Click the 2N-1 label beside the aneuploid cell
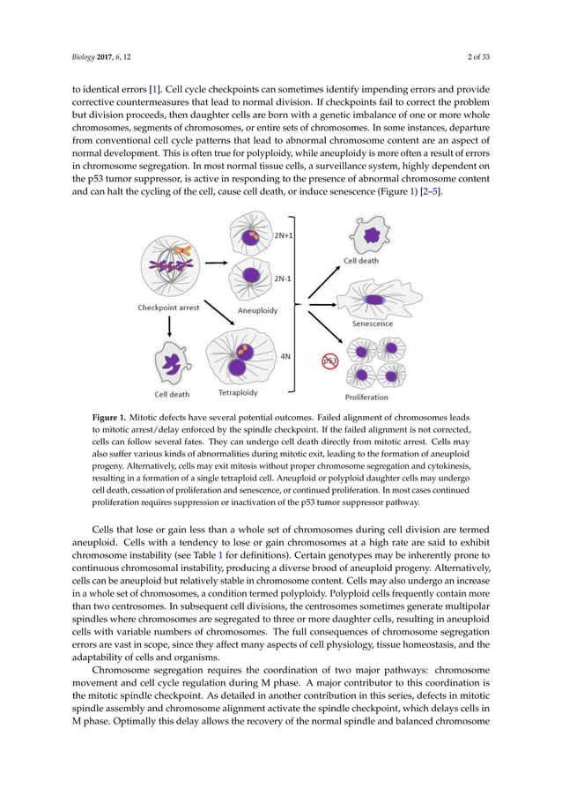click(283, 279)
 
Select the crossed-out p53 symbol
click(329, 361)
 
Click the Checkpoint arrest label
click(168, 308)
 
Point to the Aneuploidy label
click(258, 311)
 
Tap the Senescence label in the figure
click(373, 323)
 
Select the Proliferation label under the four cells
click(373, 397)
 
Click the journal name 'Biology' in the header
click(84, 59)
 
